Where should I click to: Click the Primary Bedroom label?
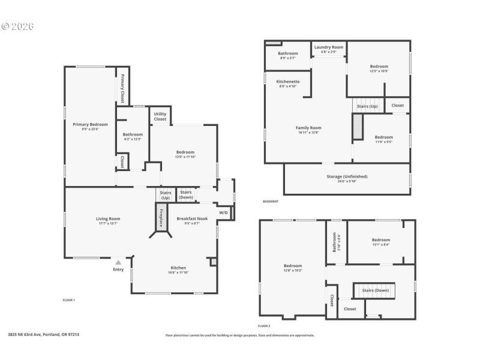click(x=90, y=124)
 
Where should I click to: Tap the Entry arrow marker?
click(x=118, y=262)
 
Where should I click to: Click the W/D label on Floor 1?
click(x=223, y=212)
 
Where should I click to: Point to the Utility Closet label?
click(x=160, y=116)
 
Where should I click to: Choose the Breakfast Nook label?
click(x=192, y=218)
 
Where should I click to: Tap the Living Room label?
click(x=108, y=218)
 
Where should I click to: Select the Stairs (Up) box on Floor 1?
click(x=165, y=194)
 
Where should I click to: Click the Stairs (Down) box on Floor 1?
click(x=186, y=194)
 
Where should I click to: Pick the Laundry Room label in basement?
click(x=329, y=47)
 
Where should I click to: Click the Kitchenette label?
click(x=288, y=82)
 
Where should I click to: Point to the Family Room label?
click(x=308, y=127)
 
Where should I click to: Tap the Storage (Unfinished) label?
click(x=347, y=176)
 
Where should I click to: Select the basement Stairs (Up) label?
click(x=367, y=106)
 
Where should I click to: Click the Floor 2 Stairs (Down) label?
click(x=376, y=290)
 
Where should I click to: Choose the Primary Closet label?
click(x=122, y=88)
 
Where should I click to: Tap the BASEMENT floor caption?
click(x=271, y=202)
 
